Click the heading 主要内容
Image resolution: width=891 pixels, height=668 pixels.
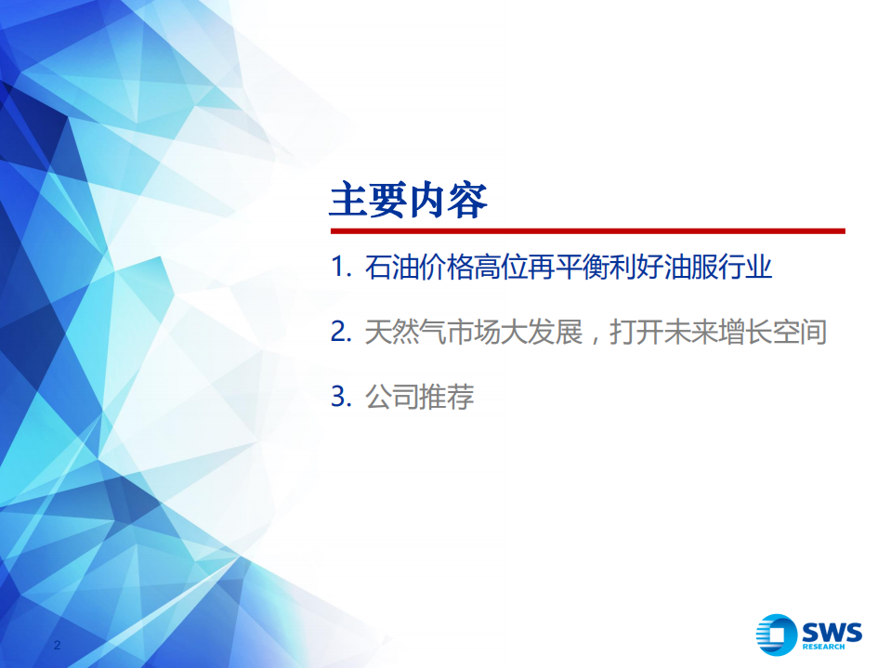click(x=409, y=200)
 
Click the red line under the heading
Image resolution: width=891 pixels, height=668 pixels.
click(x=587, y=230)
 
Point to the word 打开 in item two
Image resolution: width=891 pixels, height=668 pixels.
click(x=635, y=333)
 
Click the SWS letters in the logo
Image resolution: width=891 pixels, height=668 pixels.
click(x=833, y=631)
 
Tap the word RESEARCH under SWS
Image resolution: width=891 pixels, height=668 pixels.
click(x=833, y=648)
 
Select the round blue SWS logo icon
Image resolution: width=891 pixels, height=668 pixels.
click(x=778, y=635)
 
